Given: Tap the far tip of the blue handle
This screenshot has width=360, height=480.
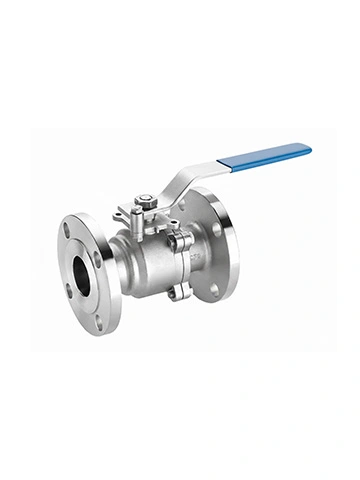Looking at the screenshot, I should tap(308, 149).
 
